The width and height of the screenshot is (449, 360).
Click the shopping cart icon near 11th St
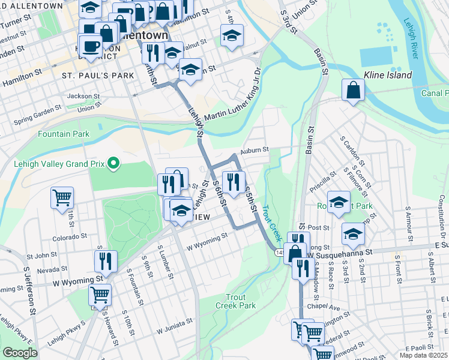click(x=62, y=197)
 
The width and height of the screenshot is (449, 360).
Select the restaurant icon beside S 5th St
click(x=234, y=181)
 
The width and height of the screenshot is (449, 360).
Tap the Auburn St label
click(x=255, y=151)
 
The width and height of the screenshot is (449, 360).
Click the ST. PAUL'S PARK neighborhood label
click(x=89, y=76)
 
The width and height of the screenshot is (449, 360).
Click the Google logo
click(x=20, y=353)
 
